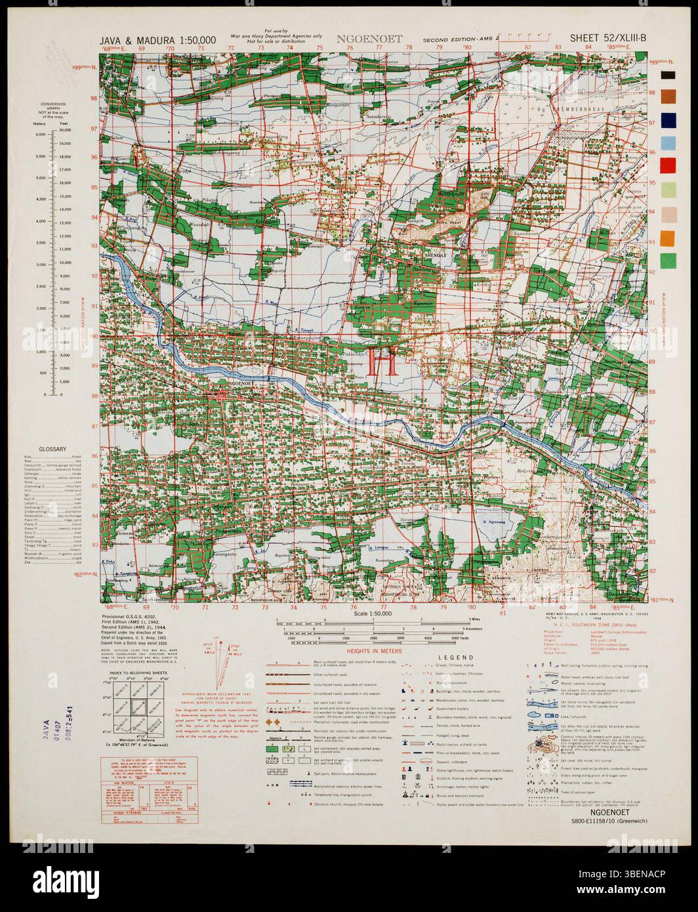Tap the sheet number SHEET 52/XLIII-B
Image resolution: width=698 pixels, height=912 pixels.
pos(608,38)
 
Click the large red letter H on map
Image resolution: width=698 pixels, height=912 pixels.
pos(383,362)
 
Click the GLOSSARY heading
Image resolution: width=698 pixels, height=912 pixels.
pos(52,449)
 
